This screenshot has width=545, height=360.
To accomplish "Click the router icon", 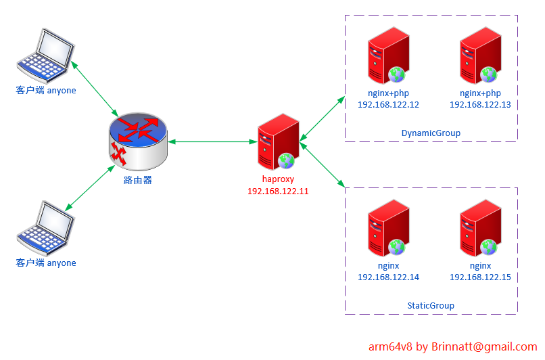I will tap(137, 143).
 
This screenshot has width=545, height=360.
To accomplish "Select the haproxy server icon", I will tap(277, 142).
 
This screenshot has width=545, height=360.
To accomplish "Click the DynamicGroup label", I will tap(431, 133).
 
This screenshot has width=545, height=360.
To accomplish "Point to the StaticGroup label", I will tap(431, 306).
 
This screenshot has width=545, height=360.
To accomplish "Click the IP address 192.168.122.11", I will tap(278, 192).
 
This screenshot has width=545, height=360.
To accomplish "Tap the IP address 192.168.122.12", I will tap(388, 105).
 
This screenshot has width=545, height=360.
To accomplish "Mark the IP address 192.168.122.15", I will tap(480, 277).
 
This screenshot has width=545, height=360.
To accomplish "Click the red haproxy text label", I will tap(278, 179).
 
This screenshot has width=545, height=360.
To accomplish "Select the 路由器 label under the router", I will tap(138, 180).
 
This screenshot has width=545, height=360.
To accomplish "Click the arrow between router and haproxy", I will tap(212, 142).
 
